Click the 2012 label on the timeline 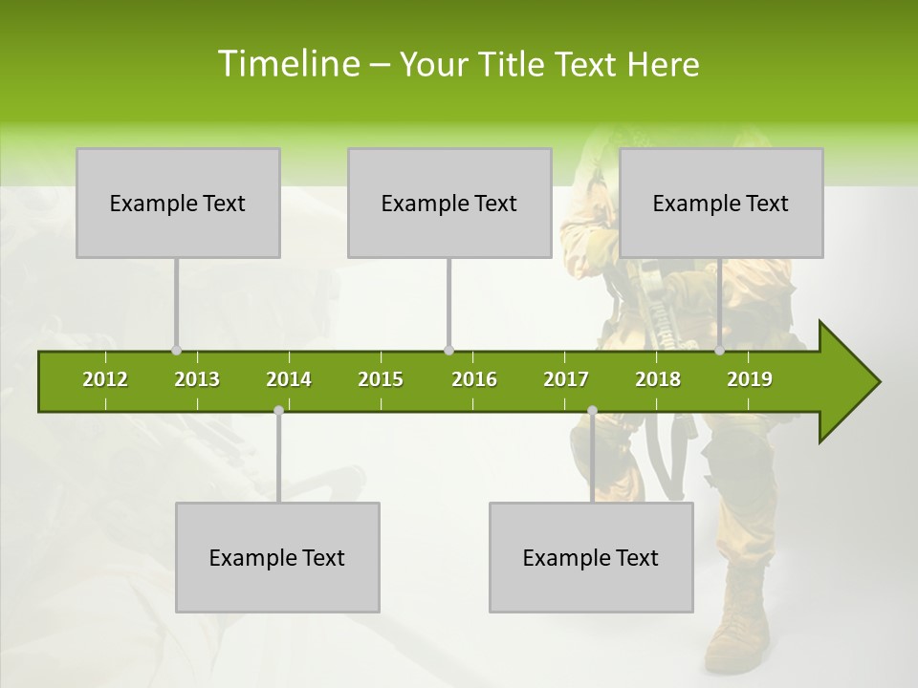pos(105,379)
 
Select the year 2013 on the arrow pos(197,379)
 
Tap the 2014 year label pos(289,379)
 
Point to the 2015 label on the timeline pos(381,379)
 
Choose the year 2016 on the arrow pos(474,379)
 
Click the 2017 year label pos(566,379)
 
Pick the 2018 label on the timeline pos(658,379)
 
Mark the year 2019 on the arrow pos(750,379)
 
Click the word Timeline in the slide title pos(287,64)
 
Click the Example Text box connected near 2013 pos(178,203)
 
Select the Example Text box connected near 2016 pos(449,203)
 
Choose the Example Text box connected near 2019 pos(721,203)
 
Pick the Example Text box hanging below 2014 pos(277,557)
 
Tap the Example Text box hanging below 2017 pos(591,557)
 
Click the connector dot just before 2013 pos(176,350)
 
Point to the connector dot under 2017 pos(592,411)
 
